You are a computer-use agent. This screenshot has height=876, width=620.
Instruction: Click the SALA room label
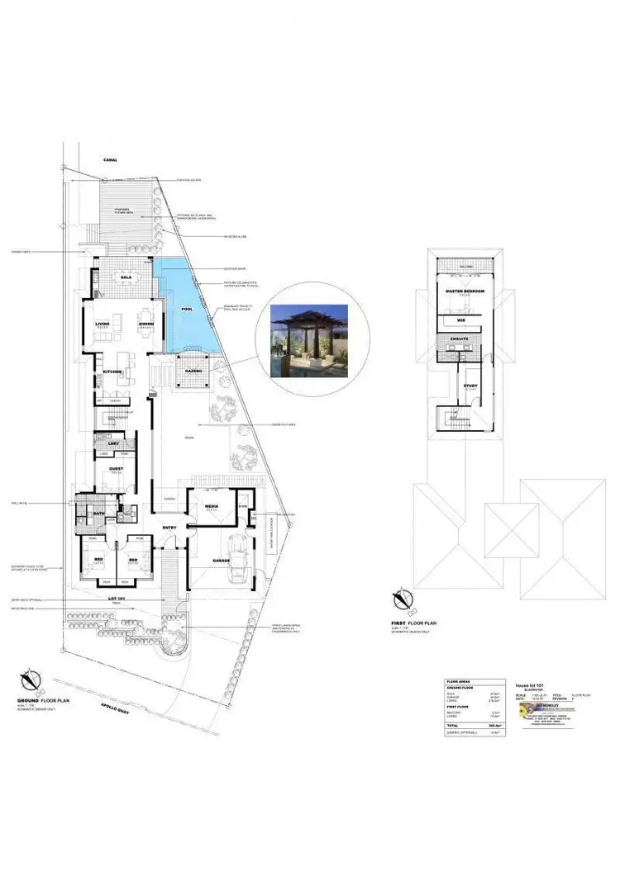pos(126,277)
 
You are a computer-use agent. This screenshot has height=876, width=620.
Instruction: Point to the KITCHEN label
pos(112,372)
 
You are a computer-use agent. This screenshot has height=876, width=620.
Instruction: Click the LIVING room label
pos(103,324)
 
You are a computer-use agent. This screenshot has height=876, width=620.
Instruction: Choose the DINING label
pos(145,324)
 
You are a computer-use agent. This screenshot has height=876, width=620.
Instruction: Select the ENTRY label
pos(169,528)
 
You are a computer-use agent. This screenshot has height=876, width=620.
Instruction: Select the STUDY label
pos(470,386)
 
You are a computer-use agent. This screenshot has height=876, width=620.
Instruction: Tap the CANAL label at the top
pos(111,159)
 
